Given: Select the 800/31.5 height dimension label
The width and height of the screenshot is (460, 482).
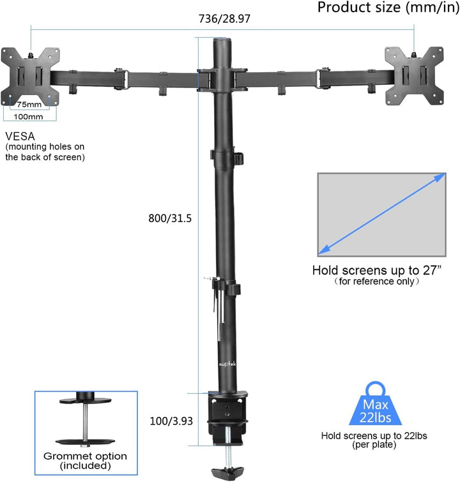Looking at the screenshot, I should (x=169, y=218).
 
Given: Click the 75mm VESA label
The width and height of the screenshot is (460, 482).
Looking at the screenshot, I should (x=29, y=104).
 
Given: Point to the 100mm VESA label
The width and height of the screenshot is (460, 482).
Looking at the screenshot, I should (x=29, y=116).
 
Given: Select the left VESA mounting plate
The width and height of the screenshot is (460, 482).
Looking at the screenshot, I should (x=29, y=76).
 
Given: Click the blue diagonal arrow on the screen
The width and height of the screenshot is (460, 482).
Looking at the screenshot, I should (x=382, y=215).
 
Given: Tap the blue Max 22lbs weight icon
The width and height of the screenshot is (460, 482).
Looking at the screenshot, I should (x=376, y=406).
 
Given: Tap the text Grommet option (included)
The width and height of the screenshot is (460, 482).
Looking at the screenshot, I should (x=85, y=461).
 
